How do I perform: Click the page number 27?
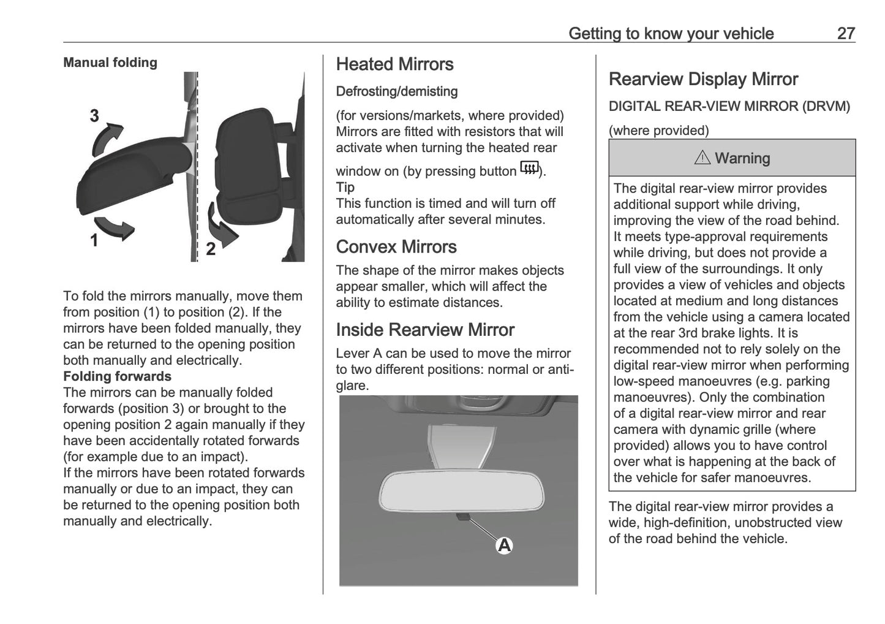click(845, 33)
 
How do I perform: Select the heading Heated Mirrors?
click(394, 64)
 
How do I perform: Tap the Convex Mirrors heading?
click(396, 246)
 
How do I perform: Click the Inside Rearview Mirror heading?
click(425, 330)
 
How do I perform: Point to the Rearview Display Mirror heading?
click(703, 79)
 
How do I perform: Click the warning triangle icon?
click(702, 158)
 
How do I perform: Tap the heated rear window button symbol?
click(529, 167)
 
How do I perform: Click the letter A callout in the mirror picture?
click(504, 545)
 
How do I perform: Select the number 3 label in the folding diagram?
click(94, 116)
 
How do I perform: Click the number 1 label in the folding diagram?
click(94, 241)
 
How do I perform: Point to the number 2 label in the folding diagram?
click(211, 249)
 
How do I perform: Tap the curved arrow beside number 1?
click(116, 227)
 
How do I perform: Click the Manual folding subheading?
click(110, 63)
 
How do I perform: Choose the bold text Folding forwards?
click(117, 376)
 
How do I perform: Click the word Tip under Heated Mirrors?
click(345, 188)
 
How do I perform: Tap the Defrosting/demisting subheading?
click(397, 91)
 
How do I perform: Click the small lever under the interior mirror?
click(463, 517)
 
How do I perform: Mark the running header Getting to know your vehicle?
click(671, 33)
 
